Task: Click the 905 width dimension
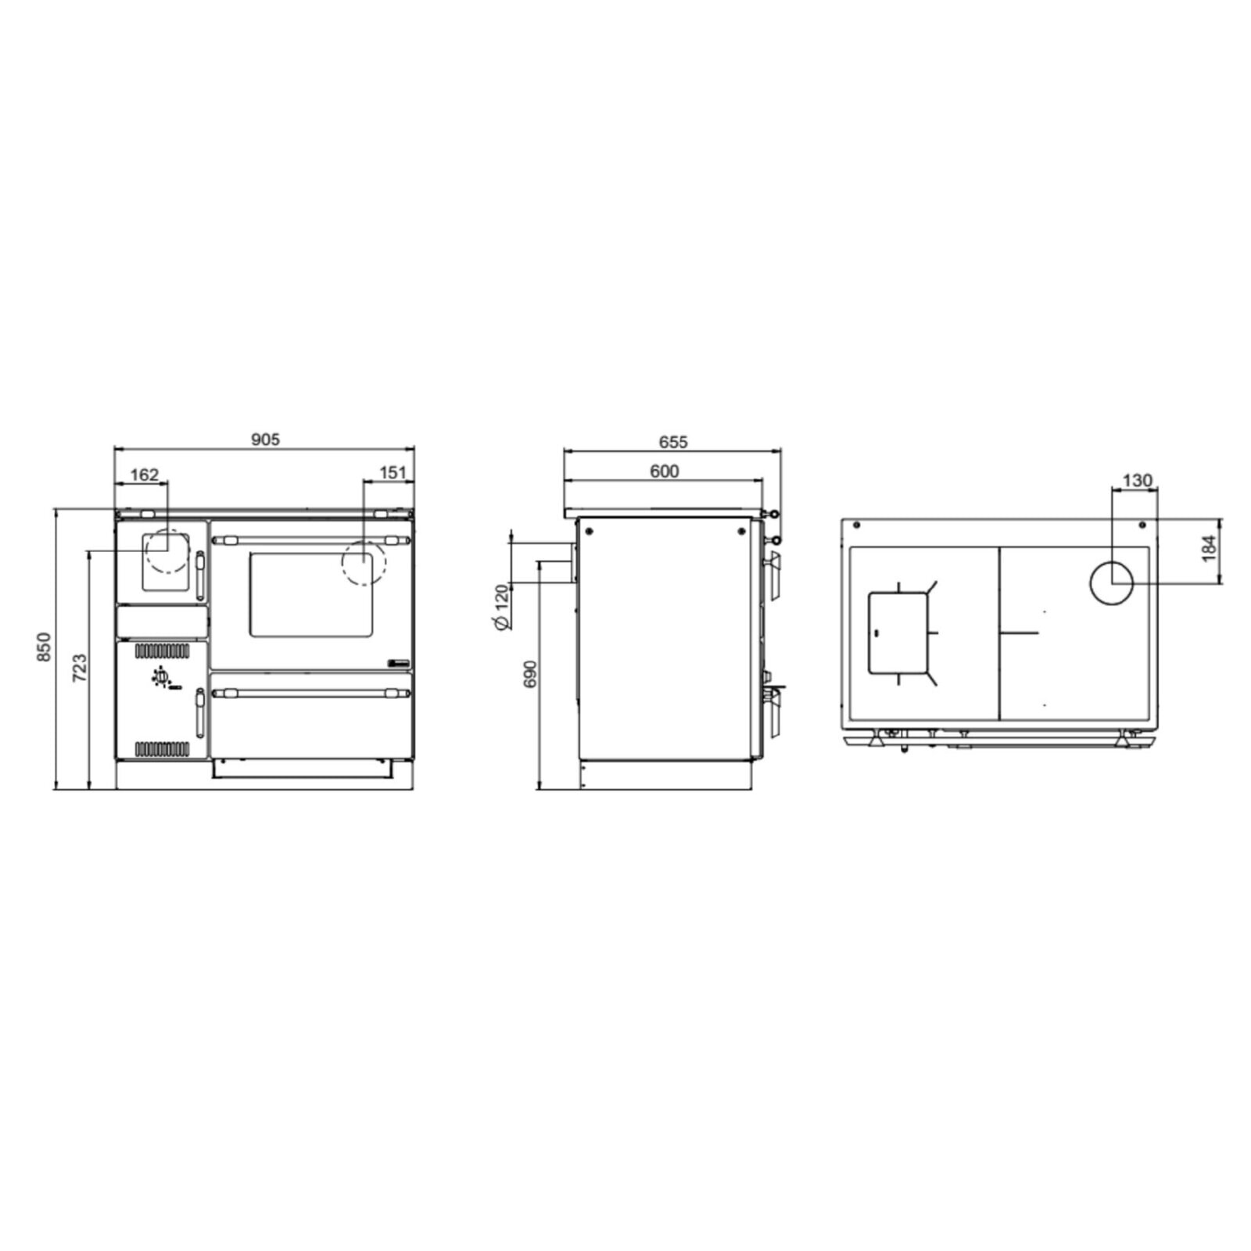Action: point(265,439)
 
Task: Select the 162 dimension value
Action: point(145,475)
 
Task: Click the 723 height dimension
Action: point(79,669)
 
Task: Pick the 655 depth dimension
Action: point(672,443)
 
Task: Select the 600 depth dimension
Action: point(664,471)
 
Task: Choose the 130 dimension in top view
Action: point(1137,480)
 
